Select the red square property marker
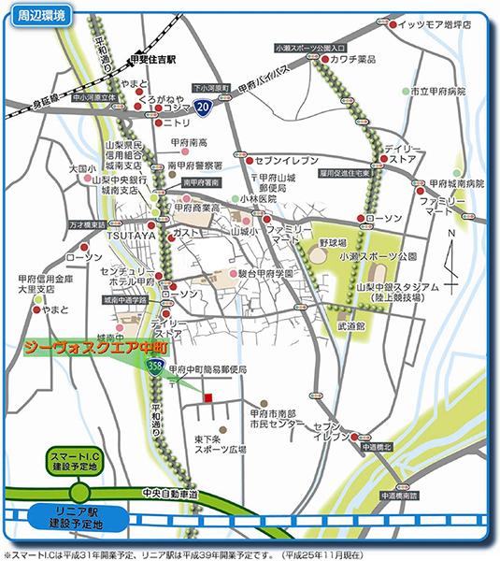point(207,397)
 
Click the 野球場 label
point(331,242)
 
